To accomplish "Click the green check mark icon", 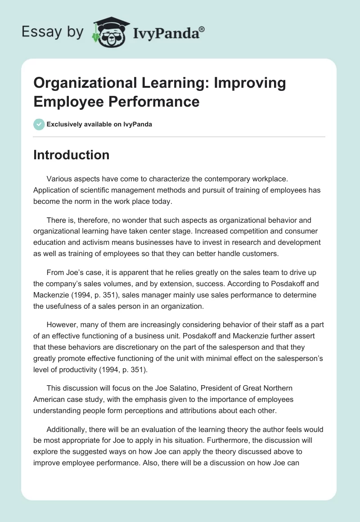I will pos(39,124).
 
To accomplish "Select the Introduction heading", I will pos(71,155).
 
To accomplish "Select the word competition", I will pos(227,231).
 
